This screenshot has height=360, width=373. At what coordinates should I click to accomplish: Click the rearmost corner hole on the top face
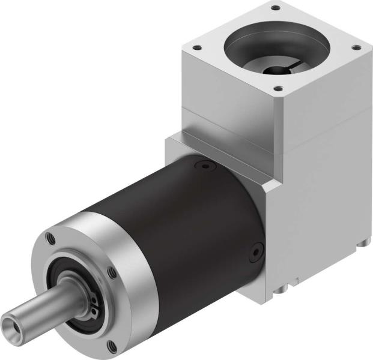coord(276,8)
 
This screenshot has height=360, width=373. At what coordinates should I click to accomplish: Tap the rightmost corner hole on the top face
coord(356,47)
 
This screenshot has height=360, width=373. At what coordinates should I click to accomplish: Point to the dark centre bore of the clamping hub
coord(277,71)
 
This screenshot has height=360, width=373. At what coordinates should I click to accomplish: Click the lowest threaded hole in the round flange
coord(112,344)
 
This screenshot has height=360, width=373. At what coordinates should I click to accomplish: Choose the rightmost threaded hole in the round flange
coord(113,274)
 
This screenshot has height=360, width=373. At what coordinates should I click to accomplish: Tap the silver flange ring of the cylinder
coord(126,240)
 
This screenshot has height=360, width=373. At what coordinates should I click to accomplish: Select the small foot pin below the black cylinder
coord(278,292)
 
